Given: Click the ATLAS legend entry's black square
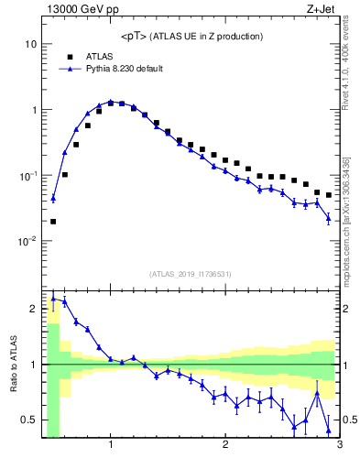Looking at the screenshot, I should (x=70, y=56).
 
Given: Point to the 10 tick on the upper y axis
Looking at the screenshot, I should (x=30, y=44).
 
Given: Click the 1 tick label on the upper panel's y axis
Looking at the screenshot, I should (x=33, y=110).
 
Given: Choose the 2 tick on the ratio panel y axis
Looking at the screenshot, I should (x=33, y=308).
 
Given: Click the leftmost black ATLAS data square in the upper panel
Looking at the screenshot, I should (x=53, y=221).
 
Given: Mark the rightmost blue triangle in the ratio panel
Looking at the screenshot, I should (x=328, y=430).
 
